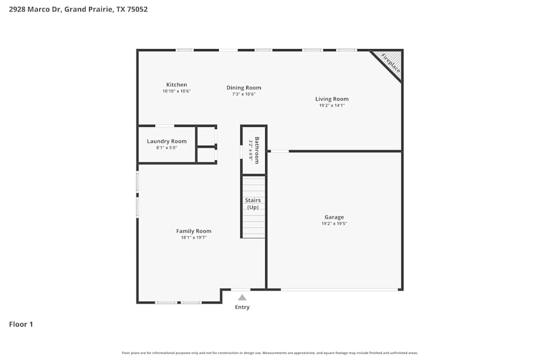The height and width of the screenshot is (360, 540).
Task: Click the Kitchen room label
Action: [177, 85]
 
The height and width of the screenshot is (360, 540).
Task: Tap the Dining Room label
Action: [244, 87]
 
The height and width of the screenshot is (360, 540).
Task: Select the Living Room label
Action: [332, 99]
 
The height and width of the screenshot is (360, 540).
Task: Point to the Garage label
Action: [334, 217]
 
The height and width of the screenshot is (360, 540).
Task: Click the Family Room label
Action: [193, 231]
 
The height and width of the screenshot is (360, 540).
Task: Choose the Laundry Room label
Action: [166, 141]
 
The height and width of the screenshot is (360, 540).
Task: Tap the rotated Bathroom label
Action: [257, 151]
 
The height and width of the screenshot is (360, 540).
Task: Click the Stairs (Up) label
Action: [253, 204]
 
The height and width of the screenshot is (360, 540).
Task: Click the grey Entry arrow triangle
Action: [242, 297]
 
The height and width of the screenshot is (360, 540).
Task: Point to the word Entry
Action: [242, 307]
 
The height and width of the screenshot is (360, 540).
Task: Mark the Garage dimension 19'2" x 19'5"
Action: [334, 223]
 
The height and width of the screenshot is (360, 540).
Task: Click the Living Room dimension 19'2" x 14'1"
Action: [332, 105]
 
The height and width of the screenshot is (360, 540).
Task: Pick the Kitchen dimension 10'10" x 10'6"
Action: [177, 91]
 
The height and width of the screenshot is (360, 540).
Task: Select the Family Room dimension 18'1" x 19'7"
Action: [193, 237]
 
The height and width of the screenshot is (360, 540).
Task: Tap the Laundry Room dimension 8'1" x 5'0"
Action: [166, 148]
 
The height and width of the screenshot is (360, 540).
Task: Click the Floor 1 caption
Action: [21, 324]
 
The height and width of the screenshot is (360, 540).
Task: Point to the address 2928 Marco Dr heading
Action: [78, 9]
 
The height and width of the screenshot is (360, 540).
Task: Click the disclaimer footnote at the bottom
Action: [270, 353]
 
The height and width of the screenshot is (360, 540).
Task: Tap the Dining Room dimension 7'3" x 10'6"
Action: [244, 94]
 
